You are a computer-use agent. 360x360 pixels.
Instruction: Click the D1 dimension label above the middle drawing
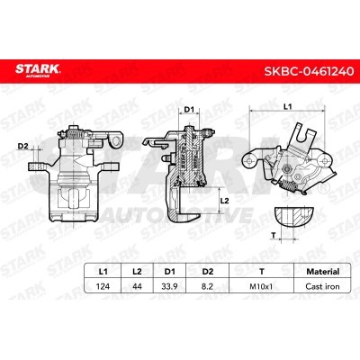(x=189, y=111)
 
